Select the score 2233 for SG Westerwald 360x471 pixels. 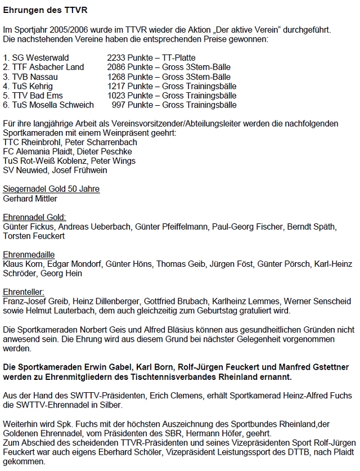(x=117, y=57)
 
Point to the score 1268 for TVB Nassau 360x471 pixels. (x=117, y=77)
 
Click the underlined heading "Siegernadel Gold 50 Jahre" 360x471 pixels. (x=51, y=189)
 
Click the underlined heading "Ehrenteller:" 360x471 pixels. (x=25, y=292)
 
